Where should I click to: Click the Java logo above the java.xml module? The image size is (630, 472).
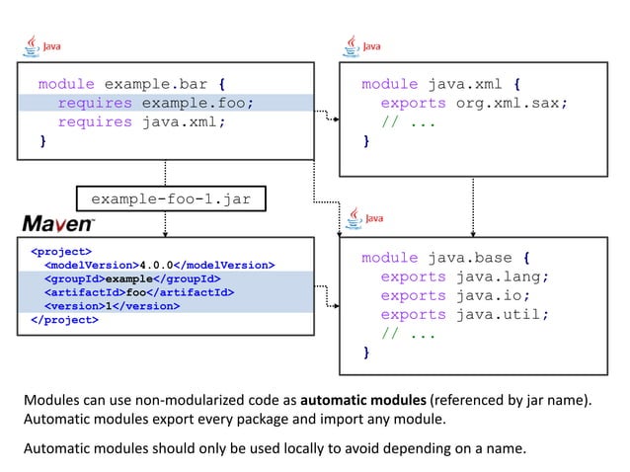point(363,45)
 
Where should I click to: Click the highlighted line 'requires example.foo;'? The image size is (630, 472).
point(155,103)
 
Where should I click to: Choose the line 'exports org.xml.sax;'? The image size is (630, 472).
point(474,103)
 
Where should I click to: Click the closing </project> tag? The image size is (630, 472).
point(64,320)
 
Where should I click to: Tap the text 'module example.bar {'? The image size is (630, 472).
point(136,84)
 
